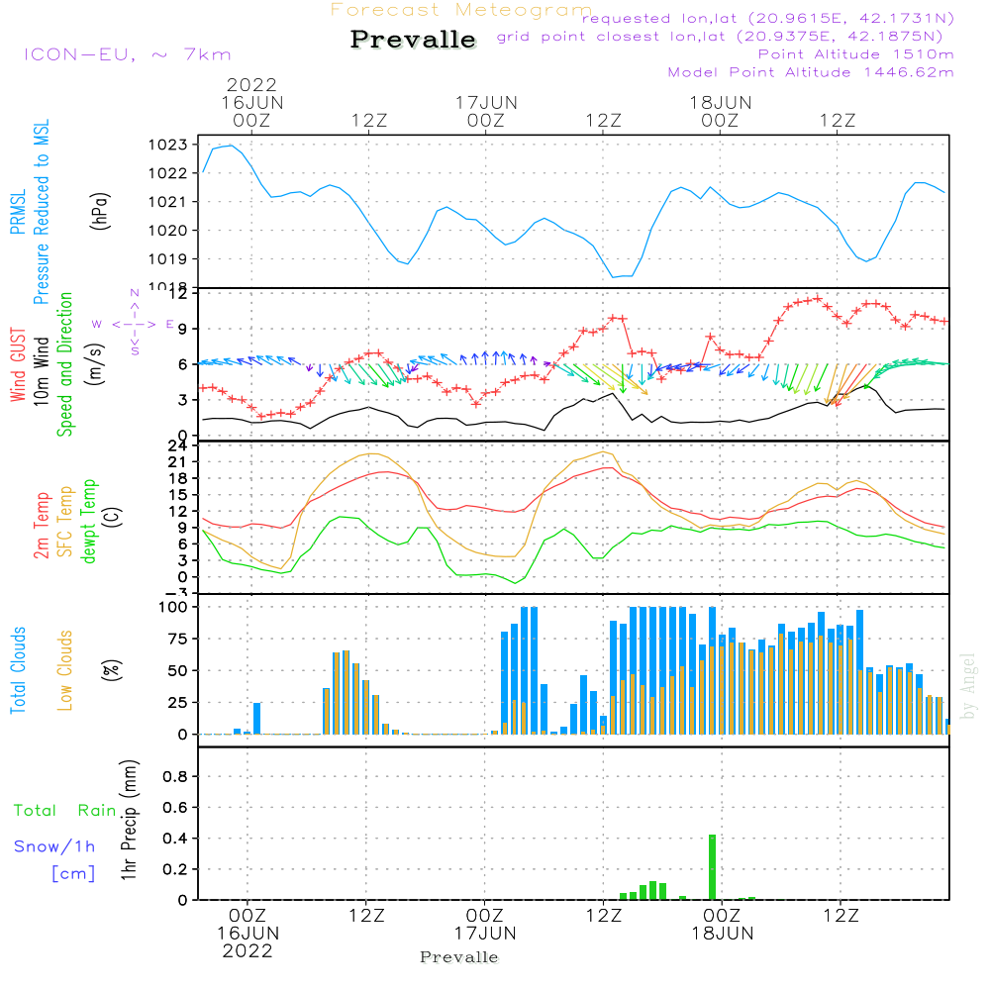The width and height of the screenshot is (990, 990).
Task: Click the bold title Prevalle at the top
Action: click(414, 40)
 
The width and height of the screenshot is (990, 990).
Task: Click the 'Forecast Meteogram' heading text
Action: click(461, 10)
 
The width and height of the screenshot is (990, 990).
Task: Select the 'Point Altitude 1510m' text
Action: click(855, 54)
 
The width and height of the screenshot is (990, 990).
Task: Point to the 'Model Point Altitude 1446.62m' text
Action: click(811, 72)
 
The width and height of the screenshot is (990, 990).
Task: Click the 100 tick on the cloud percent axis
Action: click(173, 607)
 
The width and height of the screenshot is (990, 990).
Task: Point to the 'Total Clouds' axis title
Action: click(19, 670)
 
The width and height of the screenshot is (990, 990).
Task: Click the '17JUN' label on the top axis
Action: click(485, 102)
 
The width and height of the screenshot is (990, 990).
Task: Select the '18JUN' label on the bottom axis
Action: click(722, 933)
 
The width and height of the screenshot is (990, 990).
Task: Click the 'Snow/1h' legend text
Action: click(54, 846)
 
